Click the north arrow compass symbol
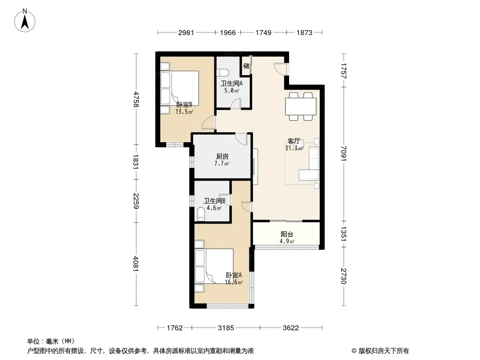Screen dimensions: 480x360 [x=25, y=21]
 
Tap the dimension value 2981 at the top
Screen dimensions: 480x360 [x=186, y=32]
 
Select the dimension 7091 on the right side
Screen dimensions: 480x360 [x=344, y=153]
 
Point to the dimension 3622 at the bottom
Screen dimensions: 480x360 [x=290, y=328]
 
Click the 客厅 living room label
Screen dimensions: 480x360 [x=293, y=141]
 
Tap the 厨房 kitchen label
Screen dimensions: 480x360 [x=222, y=157]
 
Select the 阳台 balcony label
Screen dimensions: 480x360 [x=287, y=234]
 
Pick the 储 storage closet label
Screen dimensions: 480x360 [x=246, y=66]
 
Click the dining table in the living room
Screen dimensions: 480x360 [x=301, y=106]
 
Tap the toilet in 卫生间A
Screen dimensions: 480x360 [x=222, y=72]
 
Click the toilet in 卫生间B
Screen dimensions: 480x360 [x=201, y=214]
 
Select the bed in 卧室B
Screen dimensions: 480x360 [x=180, y=88]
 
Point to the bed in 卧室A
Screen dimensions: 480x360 [x=214, y=266]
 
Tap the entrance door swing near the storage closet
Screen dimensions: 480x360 [x=279, y=68]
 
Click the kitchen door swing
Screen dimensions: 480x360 [x=241, y=139]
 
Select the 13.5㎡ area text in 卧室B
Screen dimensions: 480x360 [x=184, y=112]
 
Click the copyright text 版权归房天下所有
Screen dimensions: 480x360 [x=384, y=351]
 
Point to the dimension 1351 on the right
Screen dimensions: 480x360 [x=344, y=234]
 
